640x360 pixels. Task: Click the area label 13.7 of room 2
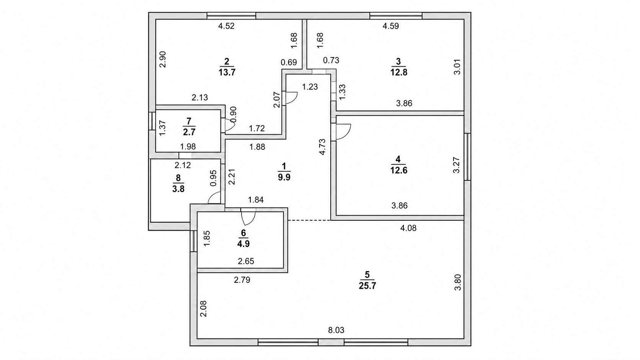pyautogui.click(x=227, y=72)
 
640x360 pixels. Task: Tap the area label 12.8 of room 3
pyautogui.click(x=399, y=72)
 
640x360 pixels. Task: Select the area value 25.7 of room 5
pyautogui.click(x=367, y=286)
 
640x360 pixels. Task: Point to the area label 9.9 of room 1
pyautogui.click(x=284, y=177)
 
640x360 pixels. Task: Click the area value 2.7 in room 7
pyautogui.click(x=189, y=132)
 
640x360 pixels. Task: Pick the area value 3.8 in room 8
pyautogui.click(x=178, y=189)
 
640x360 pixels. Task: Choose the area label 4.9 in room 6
pyautogui.click(x=243, y=244)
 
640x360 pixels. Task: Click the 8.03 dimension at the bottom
pyautogui.click(x=336, y=330)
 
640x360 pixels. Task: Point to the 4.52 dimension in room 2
pyautogui.click(x=226, y=26)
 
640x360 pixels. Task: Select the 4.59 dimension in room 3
pyautogui.click(x=390, y=26)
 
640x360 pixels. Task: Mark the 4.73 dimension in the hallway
pyautogui.click(x=322, y=147)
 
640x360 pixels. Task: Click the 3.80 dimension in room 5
pyautogui.click(x=458, y=282)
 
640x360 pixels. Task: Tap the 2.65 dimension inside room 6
pyautogui.click(x=246, y=261)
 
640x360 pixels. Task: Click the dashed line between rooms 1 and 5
pyautogui.click(x=309, y=220)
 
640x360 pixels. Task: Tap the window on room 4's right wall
pyautogui.click(x=467, y=157)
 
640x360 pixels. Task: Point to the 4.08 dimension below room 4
pyautogui.click(x=408, y=228)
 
